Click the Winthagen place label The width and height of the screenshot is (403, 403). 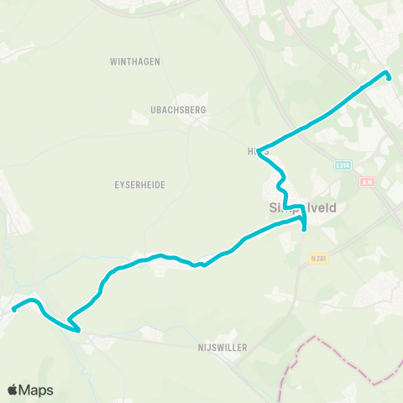point(134,61)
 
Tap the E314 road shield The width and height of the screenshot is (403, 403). point(341,165)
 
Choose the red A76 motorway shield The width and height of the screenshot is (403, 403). point(366,181)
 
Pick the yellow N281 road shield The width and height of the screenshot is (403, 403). point(317,257)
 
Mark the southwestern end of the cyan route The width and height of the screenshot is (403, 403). point(14,310)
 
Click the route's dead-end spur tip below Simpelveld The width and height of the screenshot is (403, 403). point(303,228)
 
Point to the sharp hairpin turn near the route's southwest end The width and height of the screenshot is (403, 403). point(71,322)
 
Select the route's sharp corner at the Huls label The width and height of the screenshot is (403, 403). point(259,151)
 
